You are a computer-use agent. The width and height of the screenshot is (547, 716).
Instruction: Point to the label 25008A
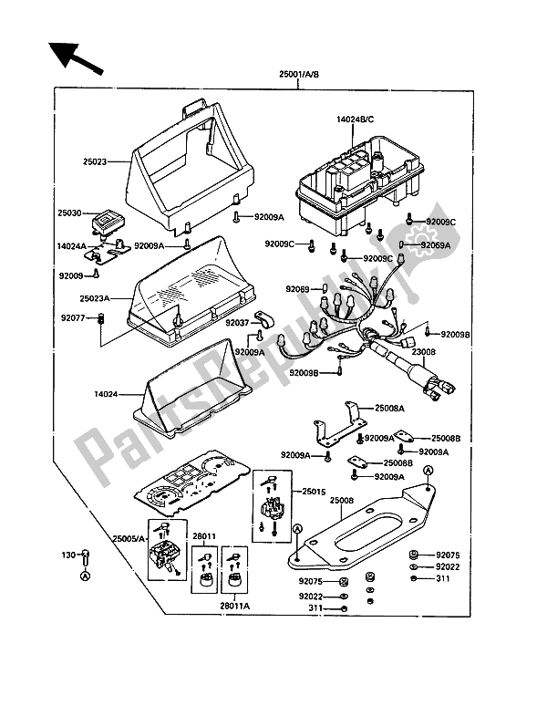[401, 410]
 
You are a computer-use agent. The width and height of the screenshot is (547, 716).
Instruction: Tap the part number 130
[67, 554]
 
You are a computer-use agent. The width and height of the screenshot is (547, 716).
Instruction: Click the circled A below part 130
[85, 576]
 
